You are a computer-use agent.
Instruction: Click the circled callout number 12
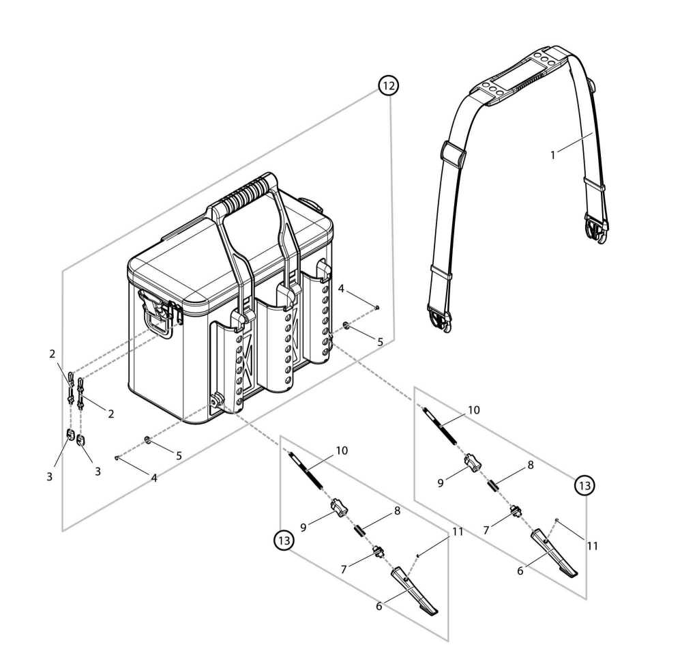pos(389,86)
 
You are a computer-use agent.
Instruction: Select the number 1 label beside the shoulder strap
pos(553,154)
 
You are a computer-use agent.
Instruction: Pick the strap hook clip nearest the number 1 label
pos(597,229)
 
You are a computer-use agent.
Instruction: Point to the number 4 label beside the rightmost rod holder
pos(341,288)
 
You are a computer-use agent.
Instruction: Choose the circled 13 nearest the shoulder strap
pos(584,485)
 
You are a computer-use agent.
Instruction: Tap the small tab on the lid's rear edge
pos(310,203)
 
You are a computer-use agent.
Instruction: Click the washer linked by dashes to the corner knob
pos(147,440)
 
